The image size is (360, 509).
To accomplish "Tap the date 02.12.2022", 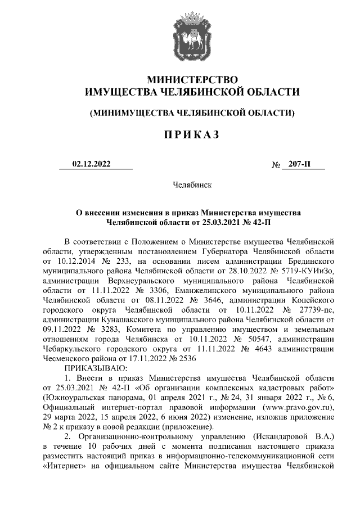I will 92,164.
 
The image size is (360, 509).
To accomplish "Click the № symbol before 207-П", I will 276,165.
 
